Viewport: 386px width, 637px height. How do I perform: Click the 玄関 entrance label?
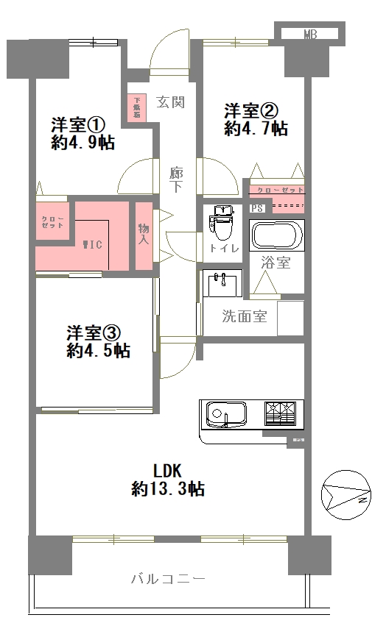[x=172, y=102]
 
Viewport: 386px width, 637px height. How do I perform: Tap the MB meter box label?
[x=310, y=34]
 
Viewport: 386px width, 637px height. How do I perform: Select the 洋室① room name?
[x=79, y=124]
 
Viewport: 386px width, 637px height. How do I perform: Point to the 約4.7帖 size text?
[x=256, y=129]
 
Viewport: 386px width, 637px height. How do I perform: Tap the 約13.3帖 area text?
[x=167, y=488]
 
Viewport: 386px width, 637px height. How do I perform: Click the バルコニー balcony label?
[x=168, y=579]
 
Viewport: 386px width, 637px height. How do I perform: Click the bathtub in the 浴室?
[x=277, y=235]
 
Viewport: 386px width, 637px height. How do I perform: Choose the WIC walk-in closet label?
[x=92, y=244]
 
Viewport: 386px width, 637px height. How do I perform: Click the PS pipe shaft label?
[x=256, y=208]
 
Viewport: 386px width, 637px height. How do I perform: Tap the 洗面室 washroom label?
[x=245, y=318]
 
